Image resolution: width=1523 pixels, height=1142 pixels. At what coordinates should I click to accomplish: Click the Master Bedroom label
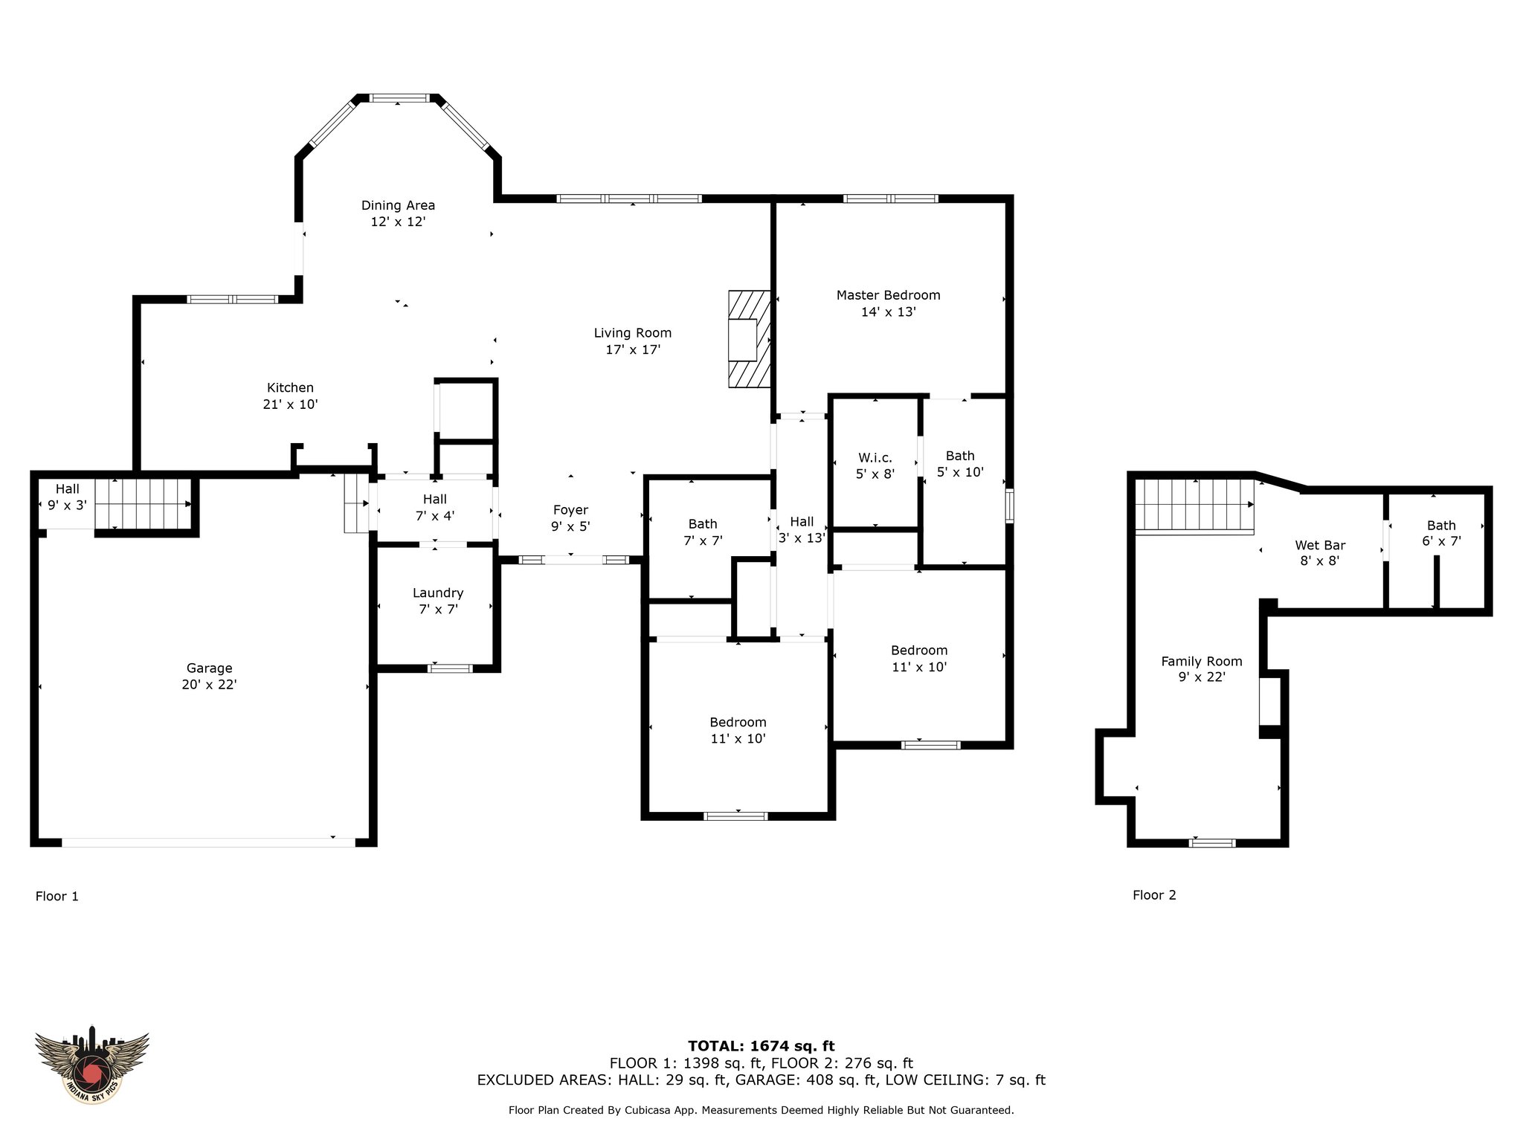tap(888, 295)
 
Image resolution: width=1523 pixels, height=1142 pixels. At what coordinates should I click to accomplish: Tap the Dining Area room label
tap(398, 205)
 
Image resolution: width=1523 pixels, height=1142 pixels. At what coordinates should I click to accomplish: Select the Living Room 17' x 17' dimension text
tap(633, 349)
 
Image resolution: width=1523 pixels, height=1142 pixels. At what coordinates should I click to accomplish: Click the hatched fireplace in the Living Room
tap(749, 338)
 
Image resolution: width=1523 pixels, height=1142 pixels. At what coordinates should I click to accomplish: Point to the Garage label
tap(209, 668)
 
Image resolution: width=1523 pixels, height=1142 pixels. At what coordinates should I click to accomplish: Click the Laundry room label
tap(438, 593)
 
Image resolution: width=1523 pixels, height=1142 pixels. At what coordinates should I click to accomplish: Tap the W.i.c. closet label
tap(875, 457)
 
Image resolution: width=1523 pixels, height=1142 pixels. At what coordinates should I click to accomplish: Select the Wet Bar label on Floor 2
tap(1320, 545)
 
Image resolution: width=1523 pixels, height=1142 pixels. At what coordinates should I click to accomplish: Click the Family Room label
tap(1202, 661)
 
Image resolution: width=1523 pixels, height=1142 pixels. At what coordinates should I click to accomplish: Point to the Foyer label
tap(570, 510)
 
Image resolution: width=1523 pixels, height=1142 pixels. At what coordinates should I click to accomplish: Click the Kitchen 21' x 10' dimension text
tap(290, 404)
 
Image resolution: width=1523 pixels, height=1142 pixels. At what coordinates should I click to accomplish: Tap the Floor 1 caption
tap(57, 896)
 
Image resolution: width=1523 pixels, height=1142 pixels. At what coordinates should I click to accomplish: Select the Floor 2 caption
tap(1154, 895)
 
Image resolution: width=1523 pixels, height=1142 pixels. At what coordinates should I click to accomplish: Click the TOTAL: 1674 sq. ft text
tap(761, 1046)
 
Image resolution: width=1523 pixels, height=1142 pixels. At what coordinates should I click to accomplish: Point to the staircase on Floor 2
tap(1195, 506)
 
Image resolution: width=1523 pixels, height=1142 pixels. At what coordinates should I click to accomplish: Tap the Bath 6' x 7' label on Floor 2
tap(1441, 533)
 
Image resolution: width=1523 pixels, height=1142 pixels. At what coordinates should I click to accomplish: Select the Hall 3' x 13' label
tap(801, 529)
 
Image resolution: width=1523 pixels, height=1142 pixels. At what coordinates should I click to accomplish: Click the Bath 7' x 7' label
tap(703, 532)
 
